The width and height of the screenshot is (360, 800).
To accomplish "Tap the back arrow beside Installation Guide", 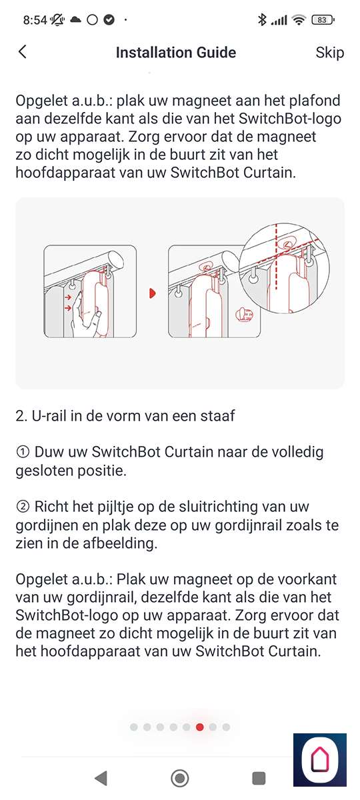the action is (23, 52).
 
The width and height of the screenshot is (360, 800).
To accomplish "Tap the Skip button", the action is (329, 53).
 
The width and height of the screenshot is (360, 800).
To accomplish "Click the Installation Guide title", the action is (176, 53).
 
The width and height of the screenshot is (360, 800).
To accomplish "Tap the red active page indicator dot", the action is (199, 727).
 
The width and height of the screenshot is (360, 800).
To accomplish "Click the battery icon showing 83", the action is (323, 20).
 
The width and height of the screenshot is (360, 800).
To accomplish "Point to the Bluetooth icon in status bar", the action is (262, 19).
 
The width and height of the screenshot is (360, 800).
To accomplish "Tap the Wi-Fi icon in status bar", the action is (299, 20).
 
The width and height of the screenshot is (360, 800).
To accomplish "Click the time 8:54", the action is (35, 20).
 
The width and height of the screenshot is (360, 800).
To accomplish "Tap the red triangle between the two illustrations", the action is (152, 293).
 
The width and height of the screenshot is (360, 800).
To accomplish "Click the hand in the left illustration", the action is (85, 315).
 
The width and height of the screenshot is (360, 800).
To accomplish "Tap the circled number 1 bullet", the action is (23, 452).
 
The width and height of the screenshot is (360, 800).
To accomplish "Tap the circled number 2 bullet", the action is (23, 507).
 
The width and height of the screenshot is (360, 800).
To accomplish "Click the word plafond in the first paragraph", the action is (315, 101).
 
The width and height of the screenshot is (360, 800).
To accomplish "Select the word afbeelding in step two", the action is (119, 543).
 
